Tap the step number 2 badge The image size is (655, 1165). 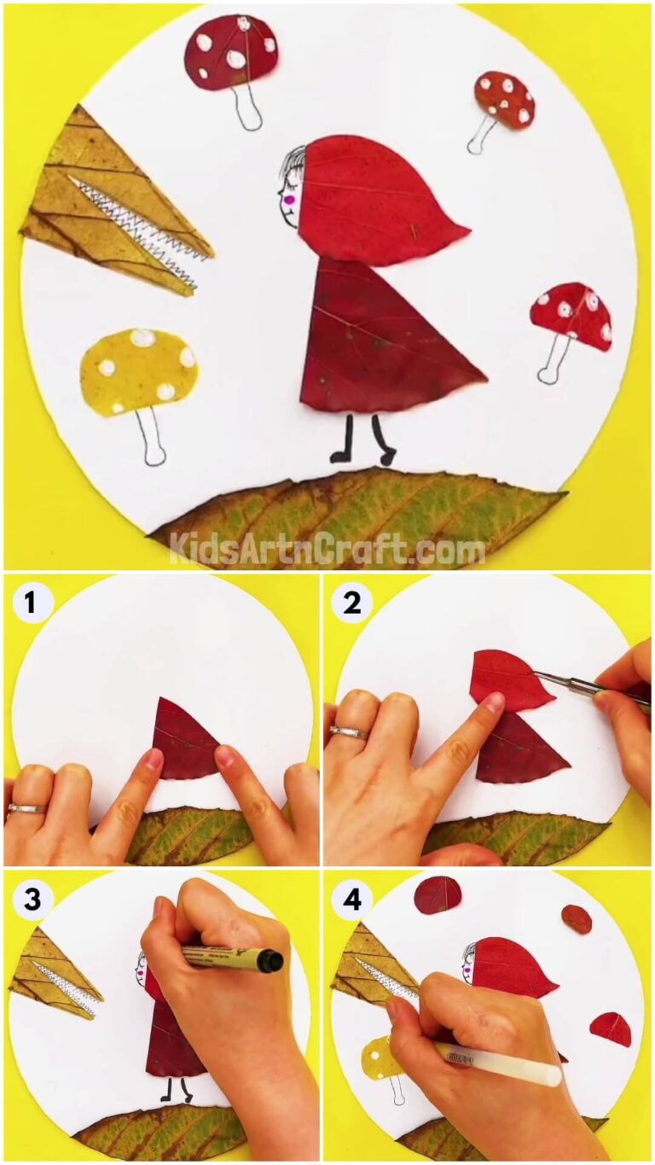[352, 603]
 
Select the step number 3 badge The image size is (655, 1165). [32, 900]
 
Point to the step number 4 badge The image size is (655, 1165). [351, 900]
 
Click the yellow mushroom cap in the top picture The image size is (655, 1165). [138, 370]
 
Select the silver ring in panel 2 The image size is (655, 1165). [347, 732]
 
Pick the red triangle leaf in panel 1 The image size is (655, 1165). [183, 741]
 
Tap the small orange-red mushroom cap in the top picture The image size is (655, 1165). [505, 98]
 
